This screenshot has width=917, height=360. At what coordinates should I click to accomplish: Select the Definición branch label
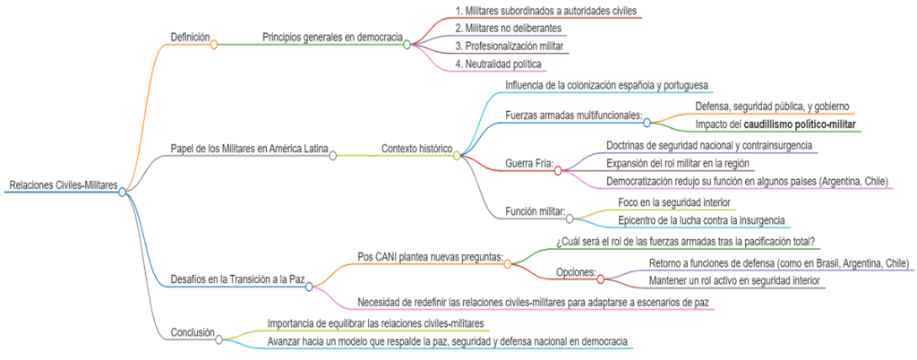[190, 38]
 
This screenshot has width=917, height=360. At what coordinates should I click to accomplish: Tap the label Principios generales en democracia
[332, 38]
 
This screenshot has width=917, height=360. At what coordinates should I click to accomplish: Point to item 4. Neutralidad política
[498, 63]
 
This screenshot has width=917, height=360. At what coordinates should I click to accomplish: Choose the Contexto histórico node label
[416, 149]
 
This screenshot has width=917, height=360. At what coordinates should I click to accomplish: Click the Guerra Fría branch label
[529, 165]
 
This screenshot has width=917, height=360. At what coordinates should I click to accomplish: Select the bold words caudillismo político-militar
[801, 124]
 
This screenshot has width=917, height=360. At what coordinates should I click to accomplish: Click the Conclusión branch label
[193, 333]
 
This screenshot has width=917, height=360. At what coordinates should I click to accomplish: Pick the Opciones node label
[576, 271]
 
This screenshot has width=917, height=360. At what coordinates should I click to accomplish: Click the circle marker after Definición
[214, 44]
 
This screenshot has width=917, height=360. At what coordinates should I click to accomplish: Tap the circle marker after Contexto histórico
[457, 155]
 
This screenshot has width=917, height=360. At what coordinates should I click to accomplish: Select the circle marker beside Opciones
[600, 278]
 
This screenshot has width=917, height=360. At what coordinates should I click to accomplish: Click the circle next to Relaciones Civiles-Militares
[123, 191]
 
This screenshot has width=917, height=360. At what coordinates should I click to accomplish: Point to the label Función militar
[536, 211]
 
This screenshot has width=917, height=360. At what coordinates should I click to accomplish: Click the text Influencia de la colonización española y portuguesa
[607, 85]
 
